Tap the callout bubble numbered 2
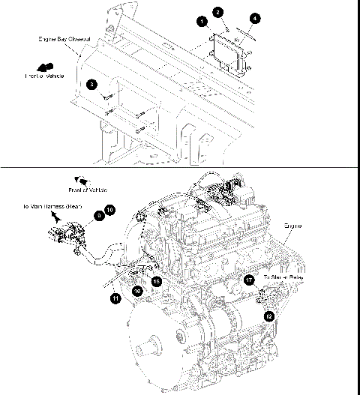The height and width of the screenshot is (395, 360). [x=217, y=11]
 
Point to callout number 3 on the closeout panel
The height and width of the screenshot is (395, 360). [x=91, y=85]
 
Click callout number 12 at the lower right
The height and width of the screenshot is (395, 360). [x=268, y=316]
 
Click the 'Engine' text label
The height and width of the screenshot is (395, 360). [x=293, y=224]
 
